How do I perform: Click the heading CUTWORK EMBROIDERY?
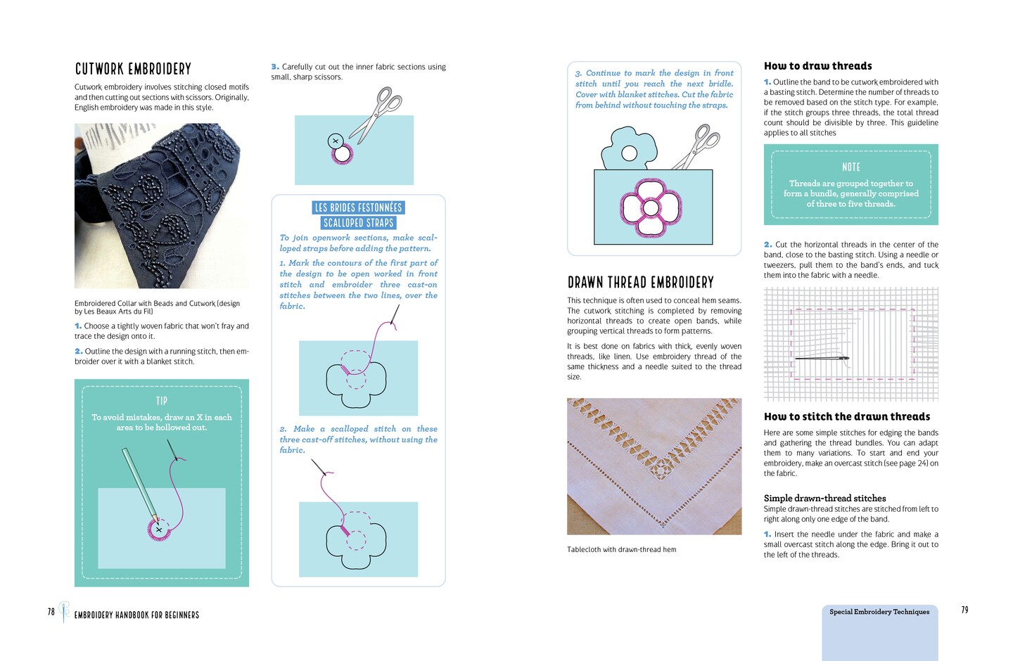click(x=133, y=69)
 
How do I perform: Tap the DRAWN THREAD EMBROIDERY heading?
click(x=640, y=283)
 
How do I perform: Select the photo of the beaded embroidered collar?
click(x=161, y=205)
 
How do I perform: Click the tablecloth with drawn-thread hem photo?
click(x=654, y=466)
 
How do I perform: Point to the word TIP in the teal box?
click(x=162, y=401)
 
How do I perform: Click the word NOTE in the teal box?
click(x=850, y=167)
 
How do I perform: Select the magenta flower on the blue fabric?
click(x=651, y=207)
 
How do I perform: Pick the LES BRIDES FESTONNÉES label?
click(x=358, y=207)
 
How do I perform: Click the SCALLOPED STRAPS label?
click(x=358, y=223)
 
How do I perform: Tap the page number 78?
click(x=51, y=612)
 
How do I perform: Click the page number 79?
click(x=964, y=610)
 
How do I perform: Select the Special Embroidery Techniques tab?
click(x=879, y=612)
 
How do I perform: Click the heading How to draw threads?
click(x=817, y=66)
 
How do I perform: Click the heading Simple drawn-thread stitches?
click(x=824, y=498)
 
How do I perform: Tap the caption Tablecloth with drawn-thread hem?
click(x=621, y=550)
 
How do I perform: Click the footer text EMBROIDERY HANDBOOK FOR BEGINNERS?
click(x=136, y=615)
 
